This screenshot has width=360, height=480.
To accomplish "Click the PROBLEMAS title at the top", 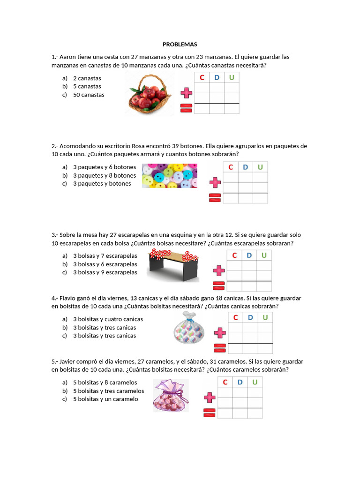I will (180, 45).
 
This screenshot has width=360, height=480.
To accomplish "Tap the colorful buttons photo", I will (169, 175).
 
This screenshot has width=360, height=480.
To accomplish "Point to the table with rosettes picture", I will (173, 266).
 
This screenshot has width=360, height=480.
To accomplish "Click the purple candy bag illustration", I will (171, 396).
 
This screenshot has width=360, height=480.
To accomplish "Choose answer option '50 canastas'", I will (89, 95).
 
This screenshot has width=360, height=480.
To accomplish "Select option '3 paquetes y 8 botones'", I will (105, 175).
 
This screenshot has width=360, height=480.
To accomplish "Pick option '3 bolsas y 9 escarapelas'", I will (105, 272).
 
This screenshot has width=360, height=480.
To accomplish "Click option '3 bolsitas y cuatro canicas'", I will (108, 319).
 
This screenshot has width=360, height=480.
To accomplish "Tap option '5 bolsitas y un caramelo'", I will (105, 399).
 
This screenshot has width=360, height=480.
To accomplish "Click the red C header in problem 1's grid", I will (202, 77).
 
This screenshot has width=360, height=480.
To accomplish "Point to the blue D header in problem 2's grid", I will (246, 167).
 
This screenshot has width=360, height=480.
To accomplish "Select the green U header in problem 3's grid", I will (264, 255).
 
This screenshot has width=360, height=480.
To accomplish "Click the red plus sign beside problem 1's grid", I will (187, 92).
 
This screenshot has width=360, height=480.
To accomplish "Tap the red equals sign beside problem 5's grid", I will (210, 412).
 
